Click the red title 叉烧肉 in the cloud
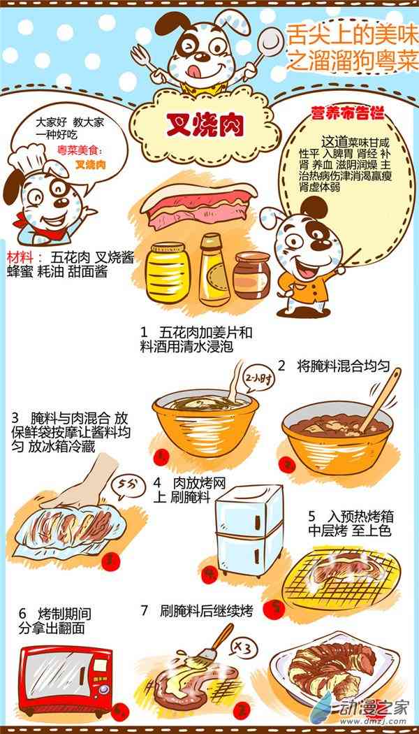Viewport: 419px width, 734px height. click(x=205, y=125)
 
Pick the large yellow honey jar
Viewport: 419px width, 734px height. click(x=168, y=272)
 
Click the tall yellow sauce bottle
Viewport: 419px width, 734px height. click(x=214, y=270)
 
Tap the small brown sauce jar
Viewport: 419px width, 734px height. click(x=252, y=275)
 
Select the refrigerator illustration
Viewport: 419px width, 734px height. click(x=249, y=531)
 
